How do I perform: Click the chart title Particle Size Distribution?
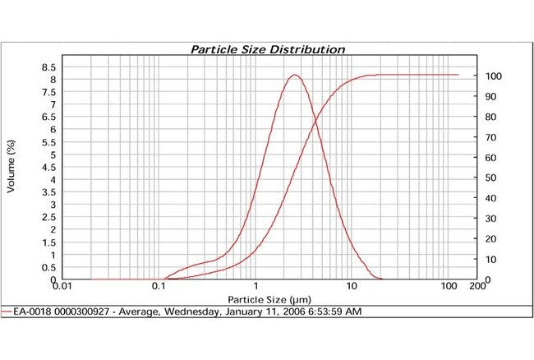[x=268, y=49]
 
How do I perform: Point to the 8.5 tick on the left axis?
[x=48, y=67]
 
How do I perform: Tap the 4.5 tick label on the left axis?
[x=48, y=168]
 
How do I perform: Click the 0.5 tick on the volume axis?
[x=48, y=268]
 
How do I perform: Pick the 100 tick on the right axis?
[x=492, y=76]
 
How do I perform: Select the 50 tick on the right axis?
[x=490, y=178]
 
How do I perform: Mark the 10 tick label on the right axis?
[x=490, y=259]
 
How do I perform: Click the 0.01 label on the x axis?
[x=62, y=287]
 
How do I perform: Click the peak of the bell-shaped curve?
[x=295, y=75]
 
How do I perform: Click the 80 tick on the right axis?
[x=490, y=117]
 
